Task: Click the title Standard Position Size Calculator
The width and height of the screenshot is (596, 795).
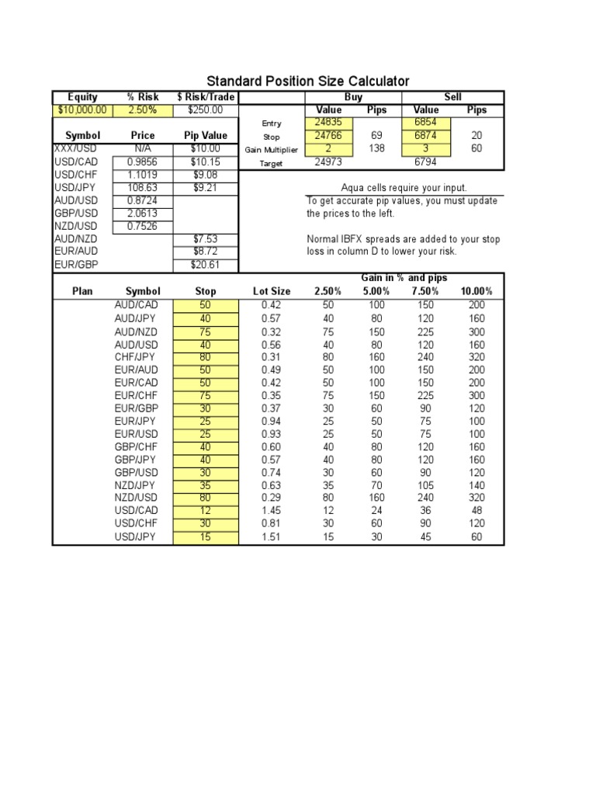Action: coord(307,82)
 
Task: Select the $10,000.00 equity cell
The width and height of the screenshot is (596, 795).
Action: coord(82,110)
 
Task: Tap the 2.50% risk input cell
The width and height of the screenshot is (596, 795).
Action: coord(143,110)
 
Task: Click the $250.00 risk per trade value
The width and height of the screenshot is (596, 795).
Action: coord(205,110)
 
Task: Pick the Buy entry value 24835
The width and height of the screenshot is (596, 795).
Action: coord(329,123)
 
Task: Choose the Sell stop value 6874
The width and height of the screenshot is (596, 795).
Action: coord(426,136)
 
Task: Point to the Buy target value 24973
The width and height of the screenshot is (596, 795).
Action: coord(329,163)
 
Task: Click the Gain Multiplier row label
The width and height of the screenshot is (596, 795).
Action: coord(272,150)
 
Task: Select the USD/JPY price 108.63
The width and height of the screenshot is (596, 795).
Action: coord(143,188)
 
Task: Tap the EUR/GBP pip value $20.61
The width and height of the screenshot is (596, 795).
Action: coord(206,265)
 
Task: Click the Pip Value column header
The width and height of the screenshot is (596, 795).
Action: coord(206,136)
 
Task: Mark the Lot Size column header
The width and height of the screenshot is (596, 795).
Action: coord(272,291)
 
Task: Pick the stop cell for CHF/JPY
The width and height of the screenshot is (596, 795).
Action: coord(206,357)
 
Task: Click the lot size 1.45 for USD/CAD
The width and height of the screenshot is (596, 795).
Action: coord(272,511)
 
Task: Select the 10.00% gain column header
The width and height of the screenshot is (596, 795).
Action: coord(476,291)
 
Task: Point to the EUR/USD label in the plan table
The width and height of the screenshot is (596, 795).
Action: coord(137,434)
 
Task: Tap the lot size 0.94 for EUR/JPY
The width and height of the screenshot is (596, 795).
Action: coord(272,422)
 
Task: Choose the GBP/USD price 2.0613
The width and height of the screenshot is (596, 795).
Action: coord(143,214)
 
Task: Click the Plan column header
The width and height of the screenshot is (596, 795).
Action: coord(82,291)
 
